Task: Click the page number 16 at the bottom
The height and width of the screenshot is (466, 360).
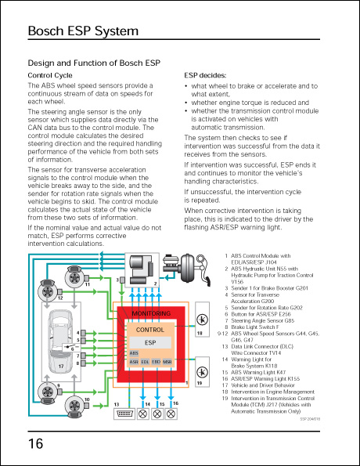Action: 36,444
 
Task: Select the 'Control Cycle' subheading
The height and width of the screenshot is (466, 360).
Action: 50,75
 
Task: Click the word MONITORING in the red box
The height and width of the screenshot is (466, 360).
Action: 151,313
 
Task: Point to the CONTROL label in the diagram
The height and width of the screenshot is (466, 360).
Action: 150,330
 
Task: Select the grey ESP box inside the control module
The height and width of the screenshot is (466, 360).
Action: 150,343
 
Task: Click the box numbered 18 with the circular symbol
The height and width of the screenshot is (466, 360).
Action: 201,320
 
